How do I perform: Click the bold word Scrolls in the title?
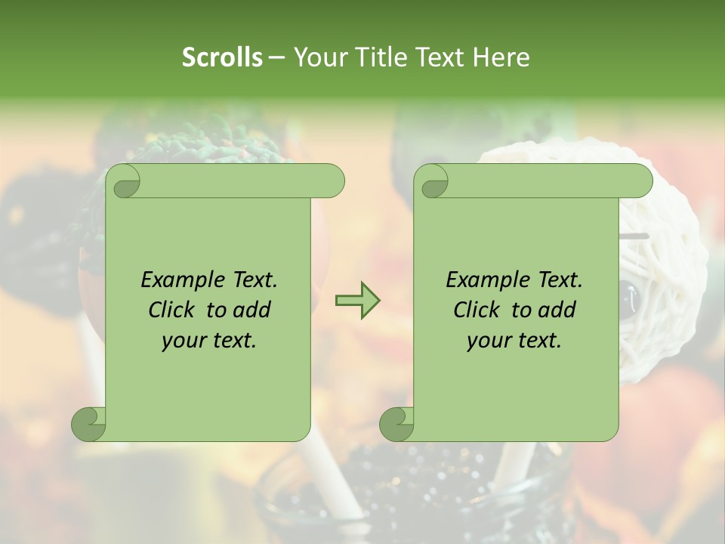pyautogui.click(x=222, y=57)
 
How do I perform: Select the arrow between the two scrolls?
pyautogui.click(x=357, y=301)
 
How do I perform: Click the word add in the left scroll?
pyautogui.click(x=252, y=310)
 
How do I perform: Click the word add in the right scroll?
pyautogui.click(x=557, y=310)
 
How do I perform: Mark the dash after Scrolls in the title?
pyautogui.click(x=276, y=57)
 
